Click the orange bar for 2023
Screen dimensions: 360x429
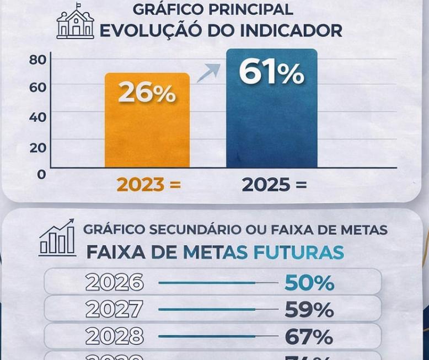pyautogui.click(x=147, y=132)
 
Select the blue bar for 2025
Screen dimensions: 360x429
pyautogui.click(x=271, y=127)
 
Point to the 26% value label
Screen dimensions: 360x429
pyautogui.click(x=147, y=93)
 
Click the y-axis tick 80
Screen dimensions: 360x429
pyautogui.click(x=37, y=60)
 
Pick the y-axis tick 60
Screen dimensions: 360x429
pyautogui.click(x=37, y=87)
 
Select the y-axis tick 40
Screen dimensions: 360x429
pyautogui.click(x=37, y=117)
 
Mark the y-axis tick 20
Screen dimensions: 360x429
pyautogui.click(x=37, y=147)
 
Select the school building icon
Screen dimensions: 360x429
pyautogui.click(x=75, y=22)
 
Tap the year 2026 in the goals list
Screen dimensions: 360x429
pyautogui.click(x=115, y=282)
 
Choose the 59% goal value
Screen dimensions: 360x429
pyautogui.click(x=309, y=310)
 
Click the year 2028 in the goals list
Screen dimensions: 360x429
pyautogui.click(x=115, y=336)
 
